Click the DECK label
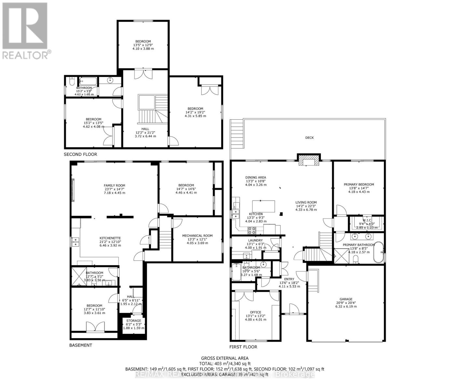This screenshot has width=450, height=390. click(309, 138)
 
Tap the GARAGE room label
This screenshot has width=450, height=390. click(346, 299)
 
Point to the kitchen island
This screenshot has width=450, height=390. click(264, 206)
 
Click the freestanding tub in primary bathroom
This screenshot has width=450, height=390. click(378, 252)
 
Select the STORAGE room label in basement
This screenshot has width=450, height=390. click(134, 321)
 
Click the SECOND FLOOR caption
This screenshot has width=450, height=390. click(80, 154)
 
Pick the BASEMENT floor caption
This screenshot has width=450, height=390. click(81, 345)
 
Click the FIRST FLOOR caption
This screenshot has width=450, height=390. click(243, 347)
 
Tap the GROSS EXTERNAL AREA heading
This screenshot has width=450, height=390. click(225, 358)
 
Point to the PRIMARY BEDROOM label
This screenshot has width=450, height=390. click(359, 184)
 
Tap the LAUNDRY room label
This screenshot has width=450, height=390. click(255, 240)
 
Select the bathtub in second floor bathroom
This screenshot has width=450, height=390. click(88, 81)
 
